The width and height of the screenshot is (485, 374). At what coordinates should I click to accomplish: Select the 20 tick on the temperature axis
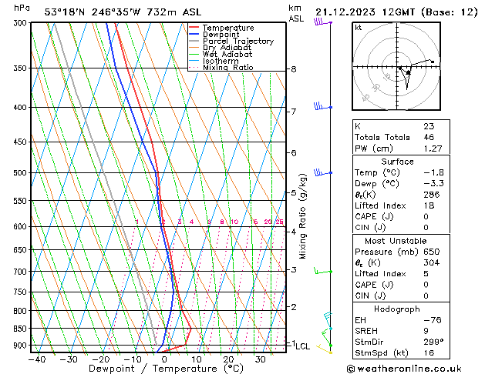229,359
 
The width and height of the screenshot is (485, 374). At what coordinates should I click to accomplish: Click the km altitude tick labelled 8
294,69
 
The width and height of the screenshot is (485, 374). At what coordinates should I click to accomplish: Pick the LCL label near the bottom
303,346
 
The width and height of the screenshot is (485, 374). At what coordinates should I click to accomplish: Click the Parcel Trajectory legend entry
237,42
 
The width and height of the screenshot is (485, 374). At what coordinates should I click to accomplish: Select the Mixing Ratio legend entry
227,68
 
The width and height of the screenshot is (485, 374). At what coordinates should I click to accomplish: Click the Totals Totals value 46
429,137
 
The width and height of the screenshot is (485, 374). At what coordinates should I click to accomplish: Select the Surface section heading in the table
396,162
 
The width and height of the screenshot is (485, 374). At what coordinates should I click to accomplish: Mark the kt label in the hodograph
359,28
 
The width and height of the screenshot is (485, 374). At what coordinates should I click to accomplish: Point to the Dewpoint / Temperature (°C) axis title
153,369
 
